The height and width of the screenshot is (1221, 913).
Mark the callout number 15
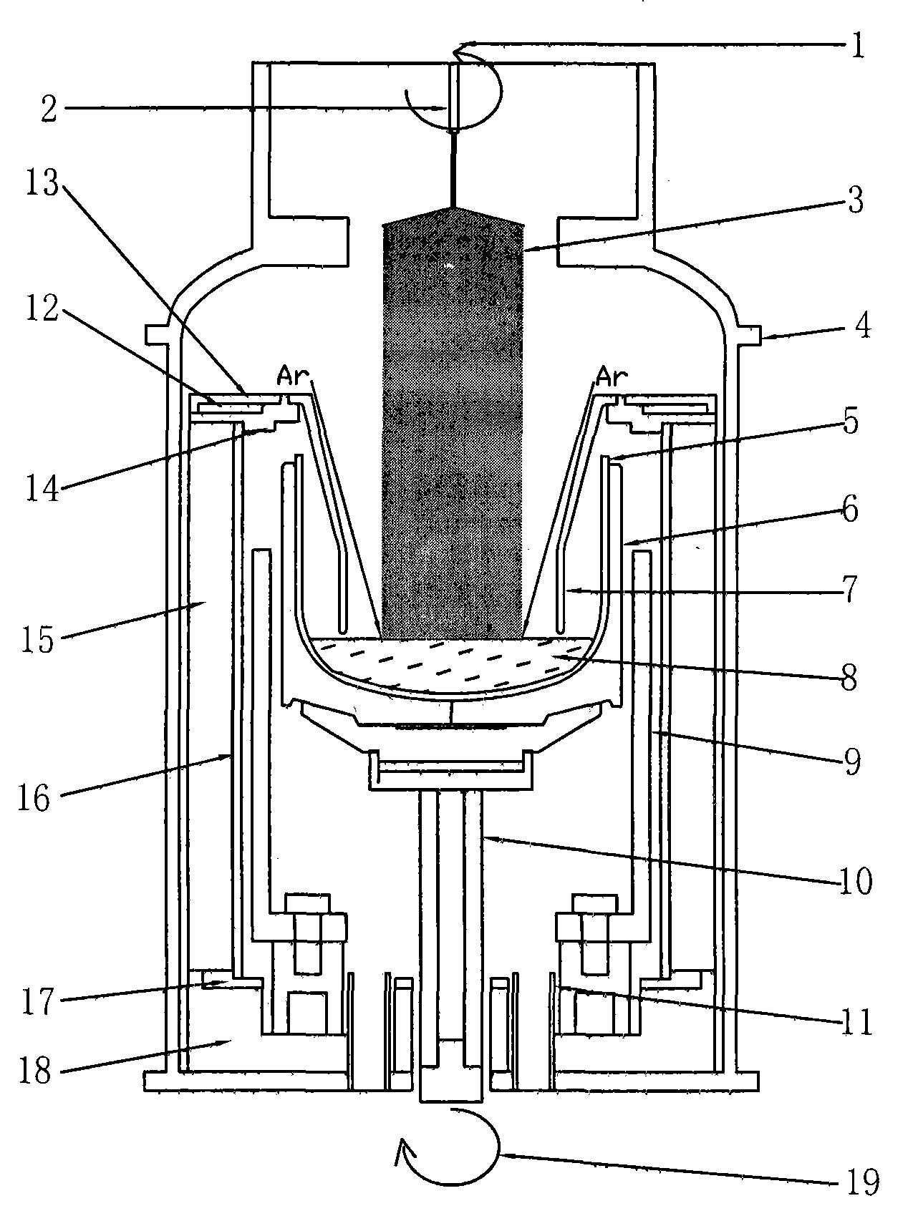pyautogui.click(x=37, y=640)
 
